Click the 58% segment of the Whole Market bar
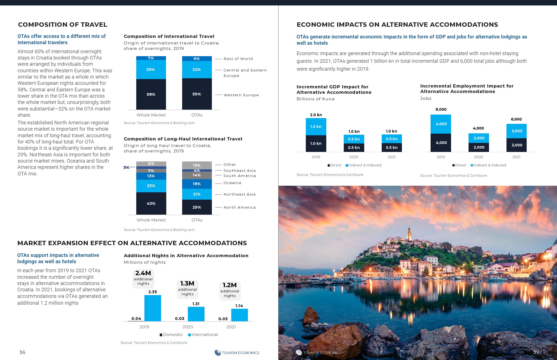tap(151, 94)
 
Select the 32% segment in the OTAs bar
tap(197, 70)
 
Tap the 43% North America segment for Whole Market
tap(151, 203)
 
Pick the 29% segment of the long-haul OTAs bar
tap(197, 207)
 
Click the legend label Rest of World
tap(238, 59)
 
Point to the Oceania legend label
tap(232, 183)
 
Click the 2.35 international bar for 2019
tap(153, 308)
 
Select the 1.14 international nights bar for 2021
tap(239, 315)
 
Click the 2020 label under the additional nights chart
tap(188, 327)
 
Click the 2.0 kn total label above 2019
tap(316, 115)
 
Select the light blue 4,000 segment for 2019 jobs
tap(441, 124)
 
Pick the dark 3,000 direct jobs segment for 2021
tap(517, 145)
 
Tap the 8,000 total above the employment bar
tap(441, 109)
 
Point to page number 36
tap(22, 352)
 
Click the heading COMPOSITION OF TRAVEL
tap(63, 25)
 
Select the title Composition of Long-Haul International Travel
tap(183, 139)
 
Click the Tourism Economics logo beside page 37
tap(318, 353)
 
